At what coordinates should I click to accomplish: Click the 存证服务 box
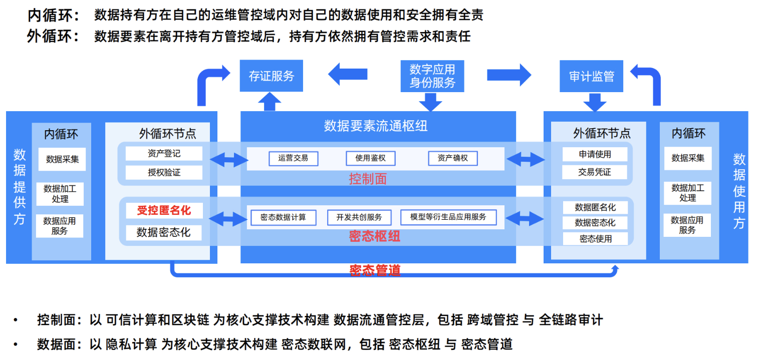271,76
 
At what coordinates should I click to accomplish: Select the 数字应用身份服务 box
432,76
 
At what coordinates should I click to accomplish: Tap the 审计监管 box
592,76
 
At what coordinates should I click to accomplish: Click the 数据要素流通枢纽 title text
376,125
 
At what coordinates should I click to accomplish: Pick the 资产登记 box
164,154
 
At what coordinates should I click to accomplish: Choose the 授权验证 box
164,172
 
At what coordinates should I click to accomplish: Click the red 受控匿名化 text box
164,210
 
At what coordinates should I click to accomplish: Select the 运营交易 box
293,158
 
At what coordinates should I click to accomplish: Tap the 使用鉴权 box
370,158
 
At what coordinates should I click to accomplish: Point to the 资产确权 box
453,158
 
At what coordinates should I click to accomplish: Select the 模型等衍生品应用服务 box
448,217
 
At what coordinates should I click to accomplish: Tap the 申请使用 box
595,154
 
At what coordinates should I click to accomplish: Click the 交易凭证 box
595,172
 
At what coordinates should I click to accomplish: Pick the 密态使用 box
595,239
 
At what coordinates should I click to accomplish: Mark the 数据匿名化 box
595,207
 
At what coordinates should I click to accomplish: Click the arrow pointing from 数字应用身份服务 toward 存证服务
348,75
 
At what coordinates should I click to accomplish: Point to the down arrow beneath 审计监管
595,103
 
